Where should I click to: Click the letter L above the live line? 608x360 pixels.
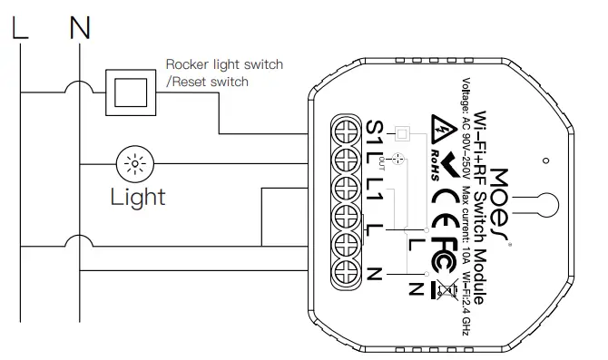click(20, 27)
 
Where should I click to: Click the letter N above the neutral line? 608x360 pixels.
click(80, 27)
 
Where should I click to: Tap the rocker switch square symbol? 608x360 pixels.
click(130, 91)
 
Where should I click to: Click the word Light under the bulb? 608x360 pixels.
click(138, 196)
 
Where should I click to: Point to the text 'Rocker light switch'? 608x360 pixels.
click(224, 65)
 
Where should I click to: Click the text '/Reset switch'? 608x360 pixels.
click(208, 82)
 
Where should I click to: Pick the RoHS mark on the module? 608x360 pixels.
click(434, 158)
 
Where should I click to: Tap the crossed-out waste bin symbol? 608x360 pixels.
click(445, 290)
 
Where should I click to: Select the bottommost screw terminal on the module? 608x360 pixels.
click(344, 271)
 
